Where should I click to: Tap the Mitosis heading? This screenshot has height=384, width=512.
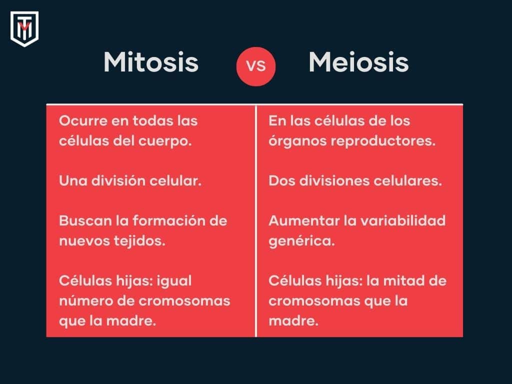click(151, 63)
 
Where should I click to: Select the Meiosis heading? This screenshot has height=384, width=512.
click(358, 63)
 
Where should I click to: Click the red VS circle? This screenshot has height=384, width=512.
click(256, 66)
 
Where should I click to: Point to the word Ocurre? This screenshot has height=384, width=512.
click(80, 121)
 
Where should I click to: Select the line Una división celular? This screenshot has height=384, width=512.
click(130, 181)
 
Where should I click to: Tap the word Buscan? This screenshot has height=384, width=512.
click(81, 221)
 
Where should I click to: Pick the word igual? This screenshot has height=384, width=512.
click(174, 281)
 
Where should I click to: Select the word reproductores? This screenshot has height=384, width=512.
click(383, 141)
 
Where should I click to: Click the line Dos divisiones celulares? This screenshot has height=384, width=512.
click(355, 181)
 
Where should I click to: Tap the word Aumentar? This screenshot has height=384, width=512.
click(298, 221)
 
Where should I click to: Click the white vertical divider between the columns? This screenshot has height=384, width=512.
click(256, 220)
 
